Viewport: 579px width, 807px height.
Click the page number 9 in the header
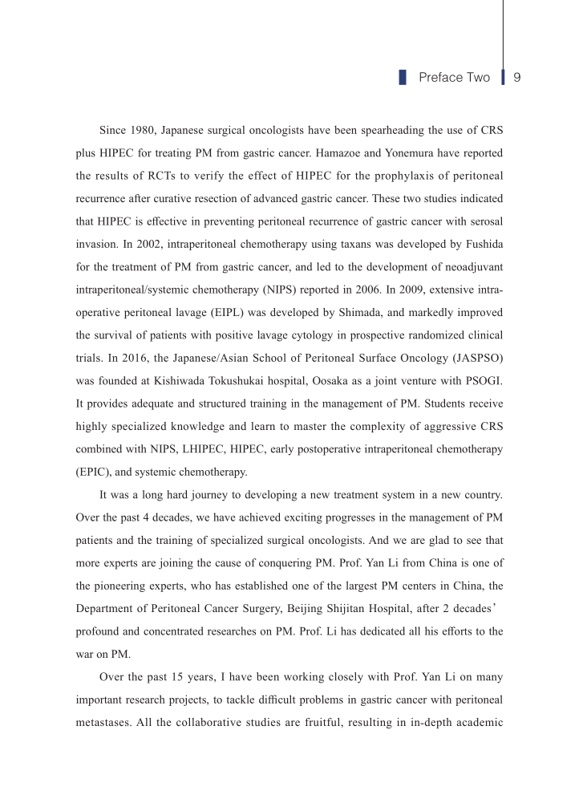pyautogui.click(x=517, y=78)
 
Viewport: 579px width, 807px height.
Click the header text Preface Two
pyautogui.click(x=454, y=78)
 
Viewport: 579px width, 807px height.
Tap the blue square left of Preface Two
pyautogui.click(x=403, y=78)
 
